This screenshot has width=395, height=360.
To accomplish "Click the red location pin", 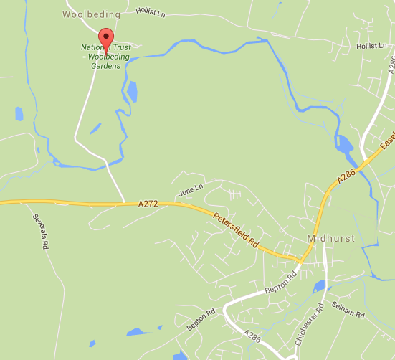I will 106,39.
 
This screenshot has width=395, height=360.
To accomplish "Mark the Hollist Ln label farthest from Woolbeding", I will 373,46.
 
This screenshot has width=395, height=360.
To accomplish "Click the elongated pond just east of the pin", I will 133,91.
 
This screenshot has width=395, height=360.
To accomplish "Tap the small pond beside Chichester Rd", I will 319,288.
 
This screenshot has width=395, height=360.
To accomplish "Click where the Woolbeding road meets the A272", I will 124,203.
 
